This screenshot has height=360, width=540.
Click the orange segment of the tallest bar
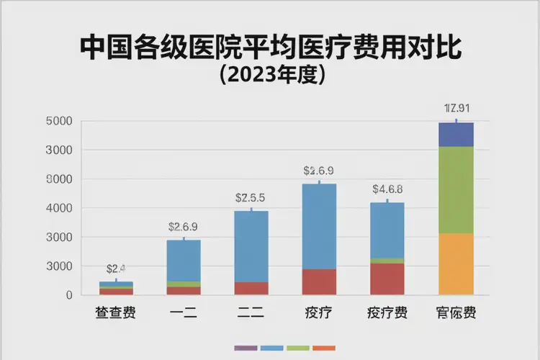pyautogui.click(x=456, y=264)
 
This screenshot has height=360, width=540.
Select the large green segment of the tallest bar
pyautogui.click(x=456, y=189)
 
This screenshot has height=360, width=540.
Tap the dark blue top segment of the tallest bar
pyautogui.click(x=456, y=135)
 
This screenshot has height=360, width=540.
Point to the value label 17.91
pyautogui.click(x=456, y=109)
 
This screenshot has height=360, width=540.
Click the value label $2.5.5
pyautogui.click(x=251, y=197)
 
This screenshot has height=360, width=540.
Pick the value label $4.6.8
pyautogui.click(x=387, y=189)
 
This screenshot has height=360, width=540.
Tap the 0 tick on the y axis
pyautogui.click(x=68, y=295)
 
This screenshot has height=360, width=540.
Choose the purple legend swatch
pyautogui.click(x=246, y=348)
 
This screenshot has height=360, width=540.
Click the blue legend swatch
pyautogui.click(x=271, y=348)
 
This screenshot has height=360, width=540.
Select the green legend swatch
pyautogui.click(x=298, y=348)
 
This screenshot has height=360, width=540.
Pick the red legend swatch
pyautogui.click(x=324, y=348)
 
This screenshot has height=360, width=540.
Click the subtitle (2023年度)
pyautogui.click(x=271, y=75)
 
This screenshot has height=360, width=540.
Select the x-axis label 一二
pyautogui.click(x=184, y=313)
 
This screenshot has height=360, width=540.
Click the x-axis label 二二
pyautogui.click(x=251, y=313)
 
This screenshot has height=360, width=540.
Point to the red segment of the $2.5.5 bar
pyautogui.click(x=251, y=288)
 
